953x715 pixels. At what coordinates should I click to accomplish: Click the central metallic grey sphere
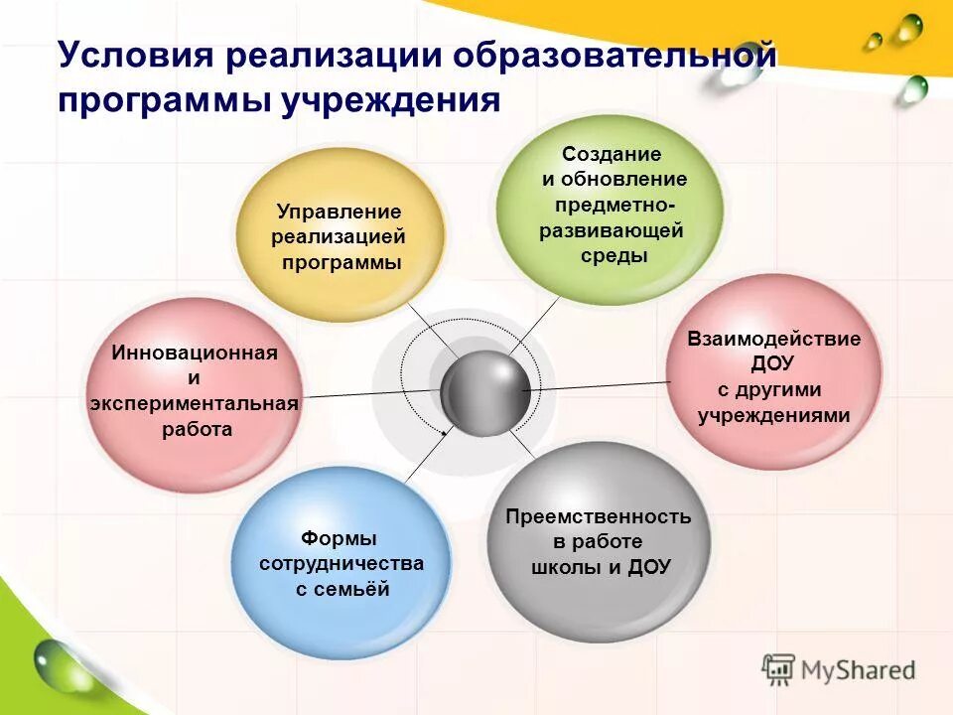tap(484, 392)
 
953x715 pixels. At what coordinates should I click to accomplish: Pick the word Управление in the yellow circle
tap(339, 212)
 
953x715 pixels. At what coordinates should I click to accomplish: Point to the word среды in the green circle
tap(613, 256)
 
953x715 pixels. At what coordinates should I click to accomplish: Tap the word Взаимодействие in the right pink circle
tap(774, 339)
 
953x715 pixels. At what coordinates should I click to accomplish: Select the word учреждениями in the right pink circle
tap(774, 415)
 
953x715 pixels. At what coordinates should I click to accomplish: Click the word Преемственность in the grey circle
tap(598, 516)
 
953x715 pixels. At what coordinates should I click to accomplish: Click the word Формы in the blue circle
tap(340, 538)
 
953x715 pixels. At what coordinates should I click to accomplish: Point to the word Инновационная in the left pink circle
tap(195, 353)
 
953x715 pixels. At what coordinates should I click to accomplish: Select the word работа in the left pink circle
tap(197, 429)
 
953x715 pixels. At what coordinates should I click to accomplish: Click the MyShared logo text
tap(858, 669)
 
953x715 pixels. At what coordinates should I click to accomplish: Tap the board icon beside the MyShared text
tap(778, 668)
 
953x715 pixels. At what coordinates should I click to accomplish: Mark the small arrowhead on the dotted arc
tap(445, 433)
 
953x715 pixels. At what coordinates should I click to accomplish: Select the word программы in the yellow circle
tap(341, 263)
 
